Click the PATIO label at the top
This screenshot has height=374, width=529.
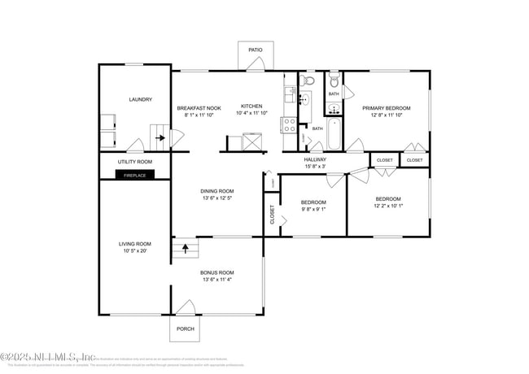(x=256, y=50)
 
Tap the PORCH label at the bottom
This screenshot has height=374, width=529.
(x=185, y=328)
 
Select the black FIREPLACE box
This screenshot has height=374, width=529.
(x=134, y=174)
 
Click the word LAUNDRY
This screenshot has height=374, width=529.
(x=140, y=100)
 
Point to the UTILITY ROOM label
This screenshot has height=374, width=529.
(x=134, y=162)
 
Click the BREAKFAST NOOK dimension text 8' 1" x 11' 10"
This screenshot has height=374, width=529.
(x=199, y=115)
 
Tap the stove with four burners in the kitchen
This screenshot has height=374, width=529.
(x=289, y=124)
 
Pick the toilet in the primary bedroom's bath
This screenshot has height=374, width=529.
(x=334, y=82)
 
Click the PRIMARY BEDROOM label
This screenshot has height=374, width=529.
(x=386, y=108)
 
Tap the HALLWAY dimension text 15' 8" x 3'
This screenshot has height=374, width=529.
(x=315, y=167)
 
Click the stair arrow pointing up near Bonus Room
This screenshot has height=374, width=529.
(x=185, y=246)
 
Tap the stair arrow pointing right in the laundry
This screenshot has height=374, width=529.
(x=161, y=137)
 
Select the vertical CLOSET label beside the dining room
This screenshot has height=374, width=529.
(x=272, y=214)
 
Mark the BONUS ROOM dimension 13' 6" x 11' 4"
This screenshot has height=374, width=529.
(x=217, y=280)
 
